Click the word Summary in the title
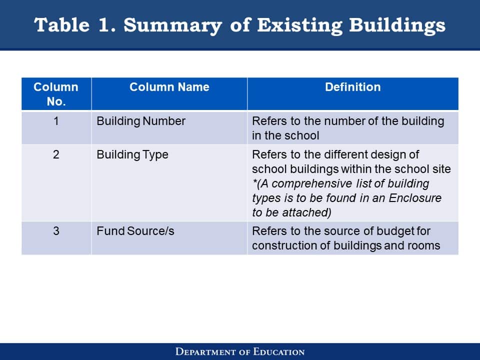tap(172, 25)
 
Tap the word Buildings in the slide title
tap(397, 25)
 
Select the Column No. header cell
tap(56, 94)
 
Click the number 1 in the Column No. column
tap(56, 121)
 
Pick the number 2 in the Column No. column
tap(56, 154)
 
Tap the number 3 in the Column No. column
tap(56, 231)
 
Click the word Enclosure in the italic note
tap(415, 198)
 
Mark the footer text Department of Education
tap(240, 351)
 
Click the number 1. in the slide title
tap(107, 25)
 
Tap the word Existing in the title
tap(299, 25)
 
